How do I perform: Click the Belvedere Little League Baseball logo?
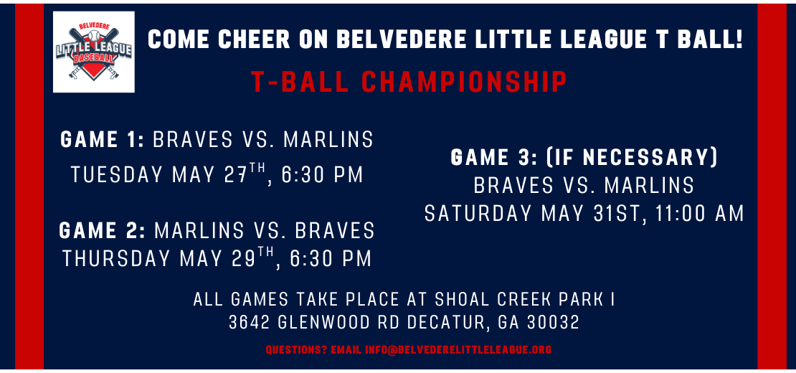[x=94, y=52]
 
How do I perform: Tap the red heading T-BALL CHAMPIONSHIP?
[x=409, y=82]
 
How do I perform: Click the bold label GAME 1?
[x=103, y=140]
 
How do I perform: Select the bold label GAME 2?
[x=103, y=230]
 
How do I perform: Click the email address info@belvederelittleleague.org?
[x=458, y=349]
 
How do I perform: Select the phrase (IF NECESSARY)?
[x=625, y=157]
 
